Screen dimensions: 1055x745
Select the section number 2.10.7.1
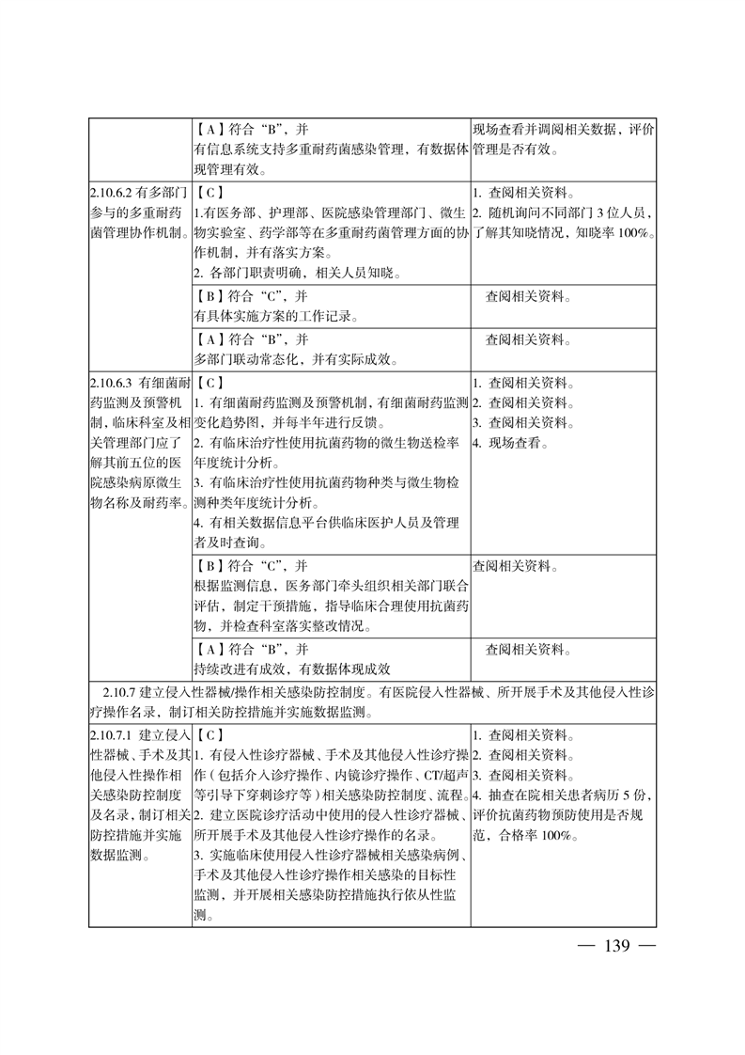coord(115,734)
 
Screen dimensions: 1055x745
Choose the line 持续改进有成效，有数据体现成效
coord(291,669)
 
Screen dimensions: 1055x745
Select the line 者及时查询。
coord(230,543)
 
